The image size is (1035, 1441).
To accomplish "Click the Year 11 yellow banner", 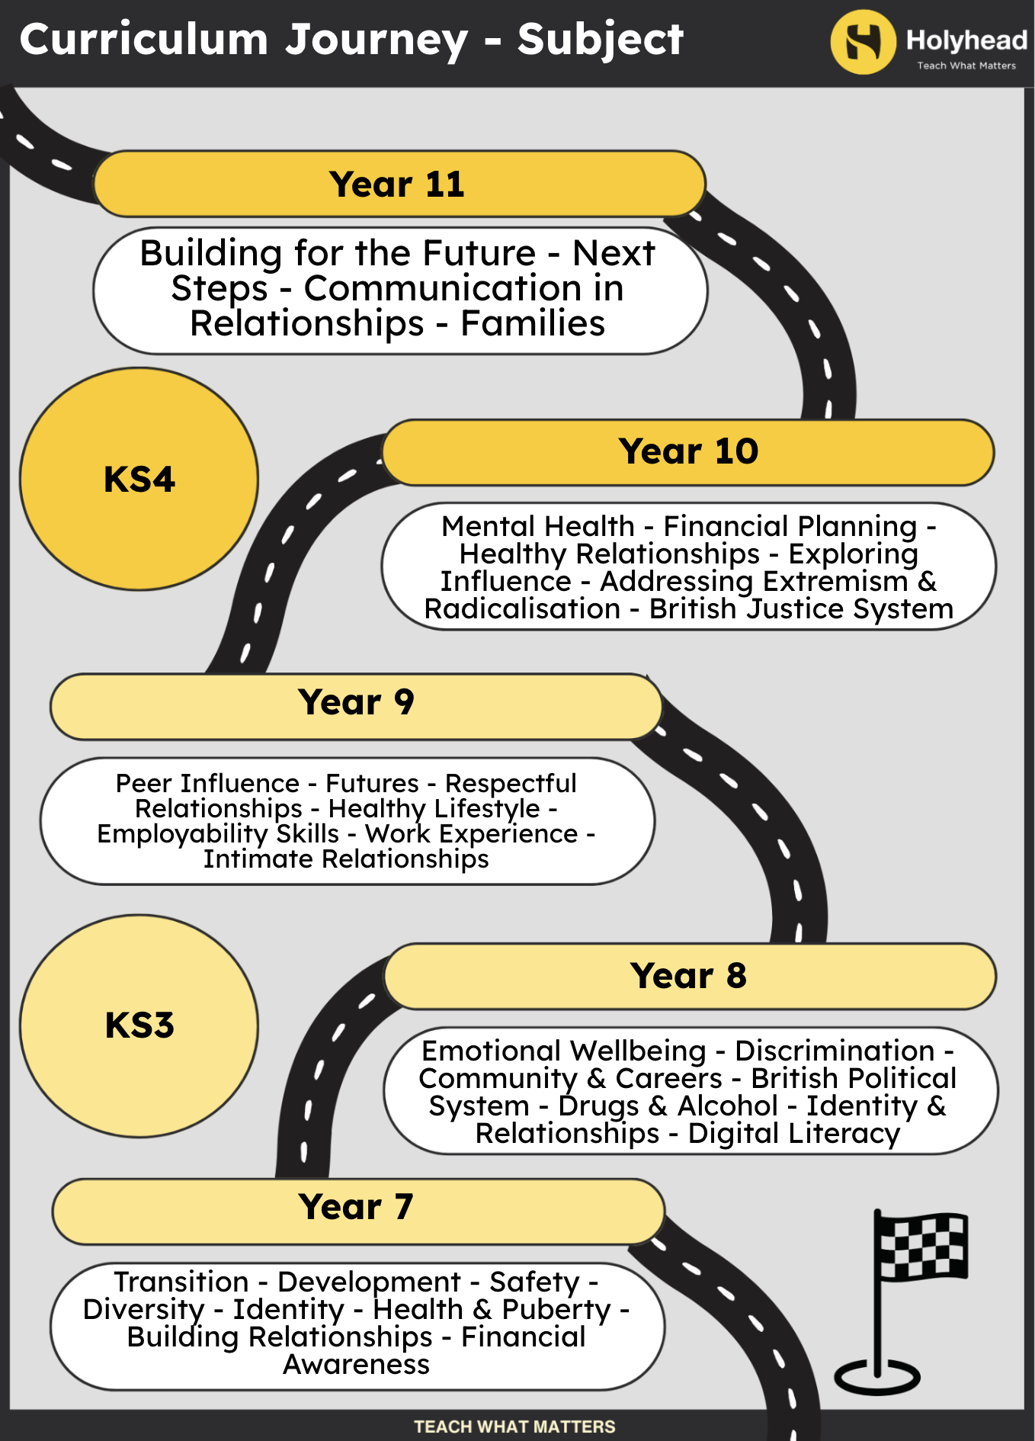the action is [399, 184].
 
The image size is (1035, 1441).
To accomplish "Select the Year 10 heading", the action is [688, 451].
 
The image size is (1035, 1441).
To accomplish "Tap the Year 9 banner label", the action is [356, 702].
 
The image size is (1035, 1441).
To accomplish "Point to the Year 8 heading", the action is [689, 976].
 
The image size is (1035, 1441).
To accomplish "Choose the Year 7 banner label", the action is [356, 1207].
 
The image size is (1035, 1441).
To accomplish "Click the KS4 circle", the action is [139, 479].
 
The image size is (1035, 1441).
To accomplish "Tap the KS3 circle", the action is [139, 1025].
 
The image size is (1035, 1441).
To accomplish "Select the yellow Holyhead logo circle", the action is [864, 42].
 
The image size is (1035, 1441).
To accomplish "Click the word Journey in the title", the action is [377, 40].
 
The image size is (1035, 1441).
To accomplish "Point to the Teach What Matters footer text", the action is [514, 1427].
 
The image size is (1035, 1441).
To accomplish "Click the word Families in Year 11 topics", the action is [533, 323].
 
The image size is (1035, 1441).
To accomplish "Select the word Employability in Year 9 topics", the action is [218, 835].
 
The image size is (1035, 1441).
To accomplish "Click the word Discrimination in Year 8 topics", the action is [835, 1051].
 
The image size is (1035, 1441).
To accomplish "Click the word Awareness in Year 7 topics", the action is [357, 1365].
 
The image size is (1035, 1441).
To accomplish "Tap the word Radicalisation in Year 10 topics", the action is [523, 609].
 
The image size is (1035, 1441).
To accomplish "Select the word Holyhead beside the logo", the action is [966, 40].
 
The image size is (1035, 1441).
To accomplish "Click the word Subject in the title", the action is [601, 40].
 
